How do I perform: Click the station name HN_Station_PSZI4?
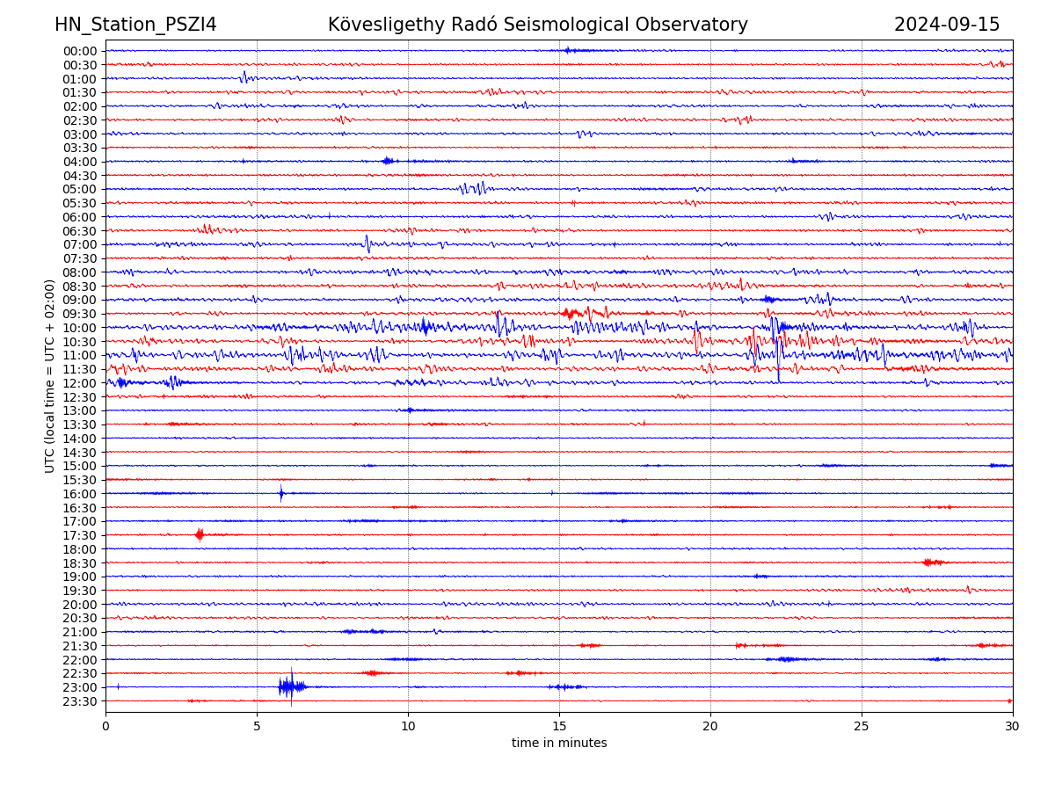click(x=135, y=25)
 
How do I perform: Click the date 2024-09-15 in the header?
click(x=947, y=25)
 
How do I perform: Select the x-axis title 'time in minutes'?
click(x=559, y=743)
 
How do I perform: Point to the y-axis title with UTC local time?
click(x=50, y=375)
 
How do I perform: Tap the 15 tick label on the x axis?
click(x=559, y=726)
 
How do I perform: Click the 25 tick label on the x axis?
click(x=862, y=726)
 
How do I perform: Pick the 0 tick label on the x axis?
click(x=105, y=726)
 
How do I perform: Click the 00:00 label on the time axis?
click(x=80, y=51)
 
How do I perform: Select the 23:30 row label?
click(x=80, y=701)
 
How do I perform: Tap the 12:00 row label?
click(x=80, y=383)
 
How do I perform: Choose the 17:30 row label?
click(x=80, y=535)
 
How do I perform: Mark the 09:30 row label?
click(x=80, y=314)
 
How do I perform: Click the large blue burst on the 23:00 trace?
click(x=289, y=686)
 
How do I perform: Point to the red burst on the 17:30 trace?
click(x=200, y=534)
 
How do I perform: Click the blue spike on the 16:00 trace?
click(x=281, y=493)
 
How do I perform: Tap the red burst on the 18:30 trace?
click(x=932, y=562)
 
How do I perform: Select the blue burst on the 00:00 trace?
click(x=568, y=50)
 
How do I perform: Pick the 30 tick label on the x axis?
click(x=1013, y=726)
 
